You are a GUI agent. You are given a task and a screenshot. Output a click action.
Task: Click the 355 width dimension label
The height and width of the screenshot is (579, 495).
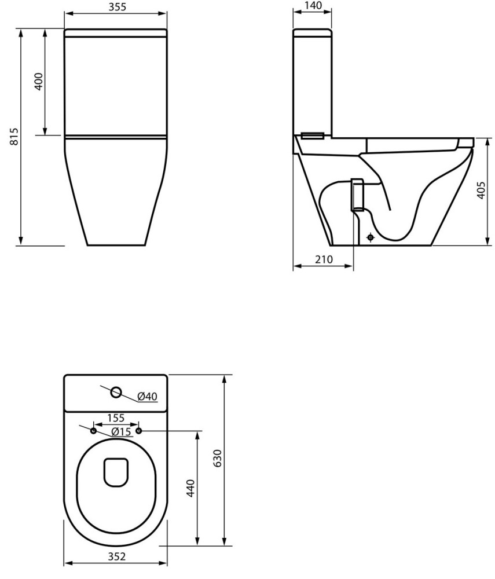[x=118, y=7]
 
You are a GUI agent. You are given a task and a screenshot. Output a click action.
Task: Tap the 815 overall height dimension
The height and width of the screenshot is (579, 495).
[x=13, y=136]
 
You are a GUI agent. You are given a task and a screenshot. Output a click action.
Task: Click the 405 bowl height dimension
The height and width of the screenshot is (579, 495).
[x=480, y=190]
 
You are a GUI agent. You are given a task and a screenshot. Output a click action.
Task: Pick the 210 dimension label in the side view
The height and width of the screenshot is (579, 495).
[x=324, y=259]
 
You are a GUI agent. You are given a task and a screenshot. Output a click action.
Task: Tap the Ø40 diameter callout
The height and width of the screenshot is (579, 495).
[x=147, y=396]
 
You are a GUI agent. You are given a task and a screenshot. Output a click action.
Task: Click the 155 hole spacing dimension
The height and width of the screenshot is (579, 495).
[x=116, y=418]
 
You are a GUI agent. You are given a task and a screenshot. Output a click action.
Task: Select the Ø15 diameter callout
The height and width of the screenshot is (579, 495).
[x=122, y=431]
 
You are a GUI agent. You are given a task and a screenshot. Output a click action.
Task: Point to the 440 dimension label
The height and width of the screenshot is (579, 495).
[x=190, y=488]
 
